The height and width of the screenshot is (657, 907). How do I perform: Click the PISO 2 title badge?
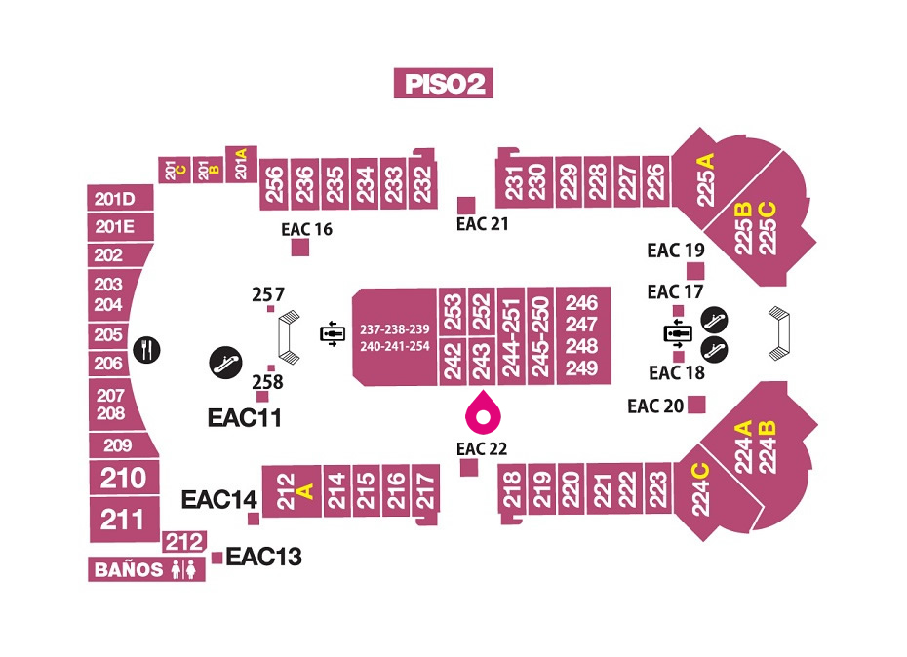click(x=443, y=83)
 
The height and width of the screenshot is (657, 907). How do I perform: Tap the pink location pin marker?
click(x=483, y=412)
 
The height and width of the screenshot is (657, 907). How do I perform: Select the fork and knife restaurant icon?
click(x=147, y=350)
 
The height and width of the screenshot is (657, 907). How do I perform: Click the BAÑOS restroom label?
click(x=146, y=569)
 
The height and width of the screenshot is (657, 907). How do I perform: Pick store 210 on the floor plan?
click(x=125, y=478)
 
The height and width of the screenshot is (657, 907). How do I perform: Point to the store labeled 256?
click(x=275, y=183)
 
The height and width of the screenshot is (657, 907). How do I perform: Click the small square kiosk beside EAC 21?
click(x=466, y=205)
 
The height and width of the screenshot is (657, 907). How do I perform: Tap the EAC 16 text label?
click(x=306, y=230)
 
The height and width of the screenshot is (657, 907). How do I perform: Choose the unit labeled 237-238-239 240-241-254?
click(x=395, y=337)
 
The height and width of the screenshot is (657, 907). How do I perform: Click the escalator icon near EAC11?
click(x=225, y=363)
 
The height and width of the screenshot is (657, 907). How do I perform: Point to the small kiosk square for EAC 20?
click(x=696, y=405)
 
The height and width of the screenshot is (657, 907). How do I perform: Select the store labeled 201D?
click(x=120, y=199)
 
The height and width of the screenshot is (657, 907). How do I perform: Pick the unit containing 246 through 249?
click(x=582, y=335)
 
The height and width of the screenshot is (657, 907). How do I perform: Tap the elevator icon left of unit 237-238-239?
click(x=333, y=333)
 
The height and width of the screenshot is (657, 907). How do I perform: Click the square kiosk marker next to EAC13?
click(x=217, y=558)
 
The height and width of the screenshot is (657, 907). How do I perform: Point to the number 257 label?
click(x=268, y=294)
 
